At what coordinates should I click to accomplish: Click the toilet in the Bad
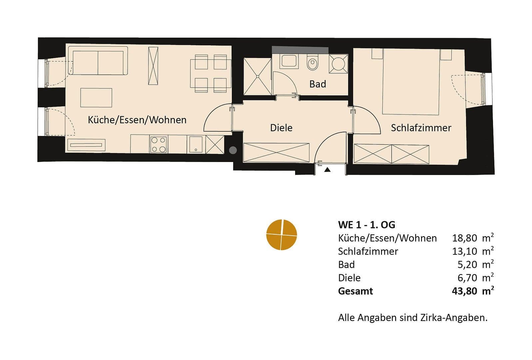point(312,63)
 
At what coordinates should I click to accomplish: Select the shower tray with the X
point(258,76)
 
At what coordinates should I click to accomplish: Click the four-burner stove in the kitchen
point(159,144)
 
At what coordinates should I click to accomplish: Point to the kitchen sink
point(195,144)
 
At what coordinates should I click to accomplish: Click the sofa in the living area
point(98,61)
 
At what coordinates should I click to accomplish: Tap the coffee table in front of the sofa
point(96,98)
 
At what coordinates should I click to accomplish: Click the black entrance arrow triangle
point(328,170)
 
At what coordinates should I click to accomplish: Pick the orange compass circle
point(281,234)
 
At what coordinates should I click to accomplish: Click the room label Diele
point(281,128)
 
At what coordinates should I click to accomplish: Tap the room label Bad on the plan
point(317,84)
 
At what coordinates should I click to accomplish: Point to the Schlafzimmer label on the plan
point(421,128)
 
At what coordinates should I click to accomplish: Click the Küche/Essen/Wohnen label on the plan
point(137,120)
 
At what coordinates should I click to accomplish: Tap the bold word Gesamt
point(355,291)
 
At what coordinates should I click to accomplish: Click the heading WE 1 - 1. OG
point(366,225)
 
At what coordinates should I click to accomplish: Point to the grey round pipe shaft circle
point(233,150)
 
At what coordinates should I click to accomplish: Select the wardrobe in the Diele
point(276,153)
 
